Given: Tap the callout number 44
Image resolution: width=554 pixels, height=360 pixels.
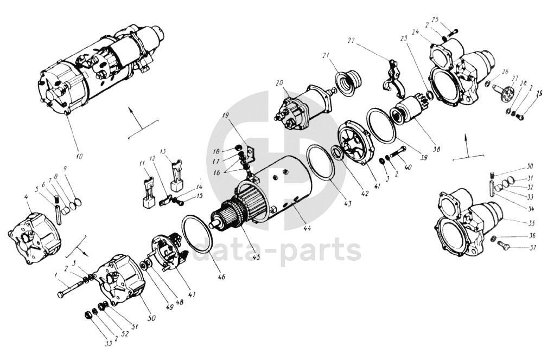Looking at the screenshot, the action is click(x=307, y=228).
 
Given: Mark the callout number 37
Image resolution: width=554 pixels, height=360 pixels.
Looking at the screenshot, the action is click(x=532, y=248).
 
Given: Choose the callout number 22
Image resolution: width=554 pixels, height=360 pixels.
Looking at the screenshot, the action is click(x=351, y=41).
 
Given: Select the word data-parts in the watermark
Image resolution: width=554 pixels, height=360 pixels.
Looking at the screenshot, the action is click(x=277, y=251).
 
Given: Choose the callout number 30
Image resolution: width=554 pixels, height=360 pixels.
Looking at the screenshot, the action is click(x=530, y=166).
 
